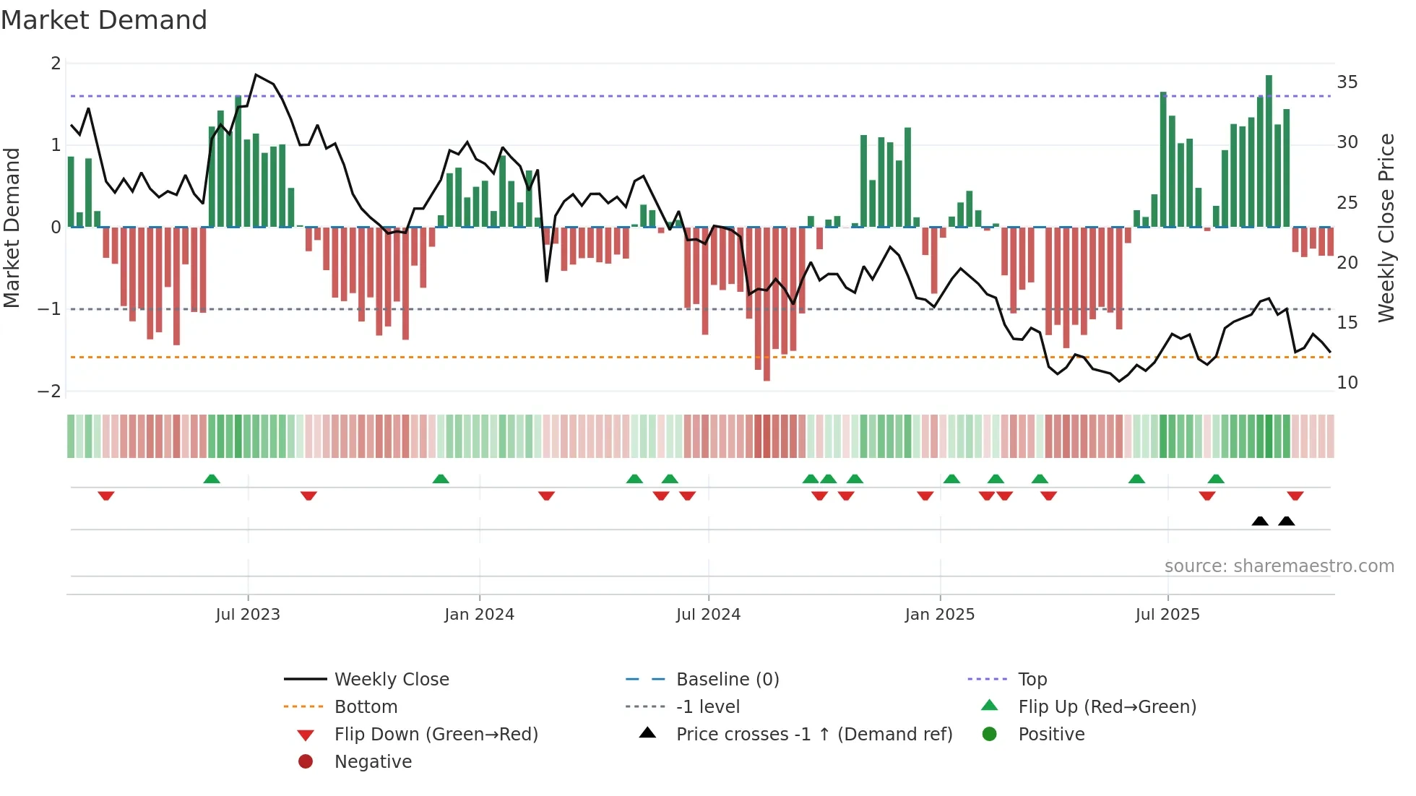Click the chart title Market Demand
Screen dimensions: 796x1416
click(104, 20)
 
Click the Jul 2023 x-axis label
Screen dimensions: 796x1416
click(248, 615)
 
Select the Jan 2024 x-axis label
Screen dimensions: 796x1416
click(479, 615)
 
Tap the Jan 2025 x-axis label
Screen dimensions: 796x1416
click(939, 615)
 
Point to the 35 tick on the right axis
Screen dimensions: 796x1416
click(1347, 82)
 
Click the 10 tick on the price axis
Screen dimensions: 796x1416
click(1347, 383)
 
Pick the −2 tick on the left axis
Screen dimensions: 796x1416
click(50, 391)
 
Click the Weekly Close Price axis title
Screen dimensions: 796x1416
click(1386, 228)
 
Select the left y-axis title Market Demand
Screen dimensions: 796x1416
click(12, 228)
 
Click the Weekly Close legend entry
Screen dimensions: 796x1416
click(391, 680)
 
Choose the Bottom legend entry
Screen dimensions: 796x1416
click(366, 707)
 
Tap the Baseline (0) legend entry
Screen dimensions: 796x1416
click(727, 680)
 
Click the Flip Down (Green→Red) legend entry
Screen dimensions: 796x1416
click(436, 735)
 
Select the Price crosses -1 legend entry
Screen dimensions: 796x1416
click(813, 735)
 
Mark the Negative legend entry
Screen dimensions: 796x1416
click(373, 762)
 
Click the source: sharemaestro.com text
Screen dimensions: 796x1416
click(1279, 566)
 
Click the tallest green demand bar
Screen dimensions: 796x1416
click(1269, 152)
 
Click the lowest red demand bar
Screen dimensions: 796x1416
click(767, 303)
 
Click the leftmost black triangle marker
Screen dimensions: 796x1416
click(1260, 521)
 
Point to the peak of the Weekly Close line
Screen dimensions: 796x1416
click(256, 74)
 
